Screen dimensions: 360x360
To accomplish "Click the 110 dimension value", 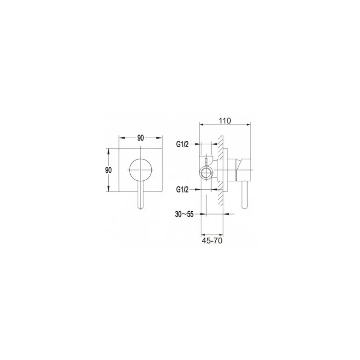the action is [225, 121].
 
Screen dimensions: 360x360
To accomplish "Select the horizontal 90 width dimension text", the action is [140, 138].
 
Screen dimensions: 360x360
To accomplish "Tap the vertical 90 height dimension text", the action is [108, 170].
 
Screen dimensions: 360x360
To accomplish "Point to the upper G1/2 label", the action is [182, 144].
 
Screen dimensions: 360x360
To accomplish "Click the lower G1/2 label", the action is [182, 190].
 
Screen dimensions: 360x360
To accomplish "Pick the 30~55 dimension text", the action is [184, 214].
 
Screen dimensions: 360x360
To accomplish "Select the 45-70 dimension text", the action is [212, 241].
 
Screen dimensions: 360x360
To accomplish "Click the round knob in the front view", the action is [141, 170].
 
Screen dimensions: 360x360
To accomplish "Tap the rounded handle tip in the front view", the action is [141, 207].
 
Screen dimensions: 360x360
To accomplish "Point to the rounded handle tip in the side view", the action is [245, 207].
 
